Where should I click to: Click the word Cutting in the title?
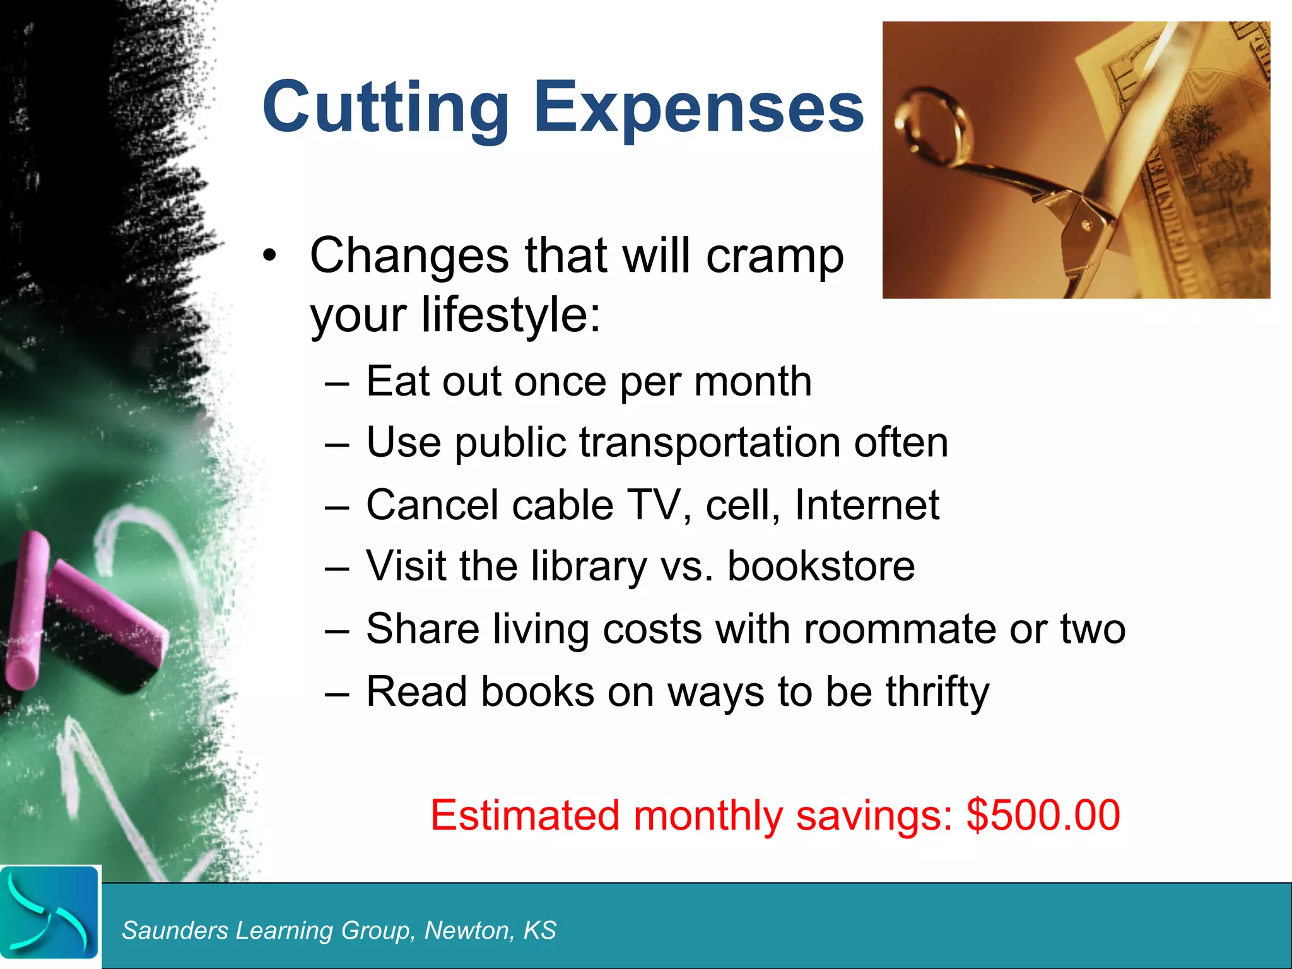(x=385, y=107)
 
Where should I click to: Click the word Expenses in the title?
(x=698, y=107)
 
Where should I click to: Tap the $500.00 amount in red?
(x=1043, y=815)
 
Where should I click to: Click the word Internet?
(x=867, y=505)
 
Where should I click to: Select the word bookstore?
(x=821, y=566)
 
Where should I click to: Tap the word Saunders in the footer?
(x=175, y=931)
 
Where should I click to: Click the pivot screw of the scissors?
(x=1086, y=224)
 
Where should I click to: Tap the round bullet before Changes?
(x=270, y=256)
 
